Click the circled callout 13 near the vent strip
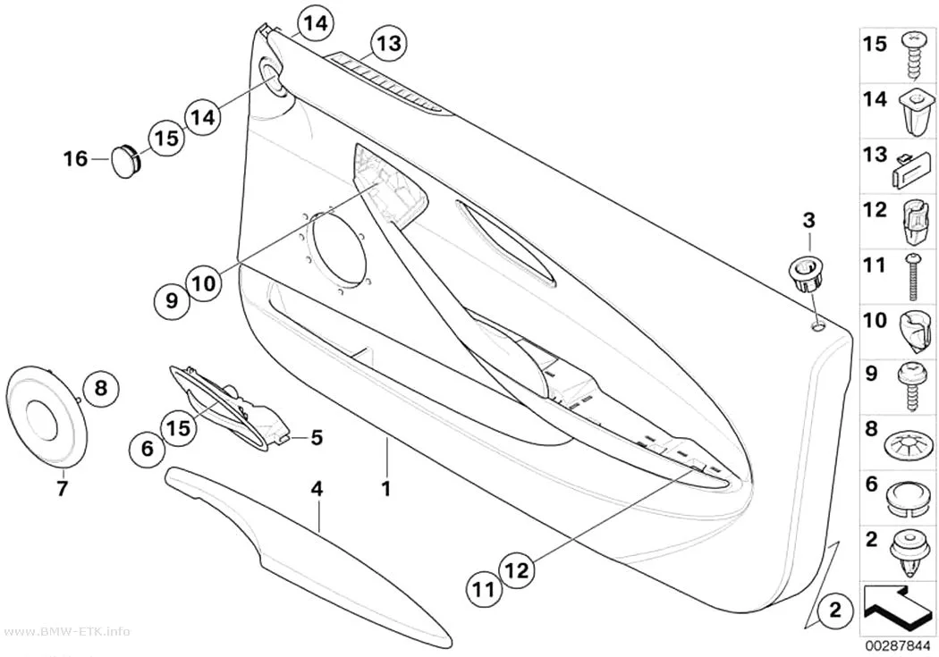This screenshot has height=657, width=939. click(x=388, y=44)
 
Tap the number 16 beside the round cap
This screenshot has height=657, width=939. click(x=75, y=159)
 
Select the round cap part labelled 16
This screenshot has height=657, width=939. click(x=126, y=159)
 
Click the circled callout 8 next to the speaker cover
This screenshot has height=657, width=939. click(x=100, y=388)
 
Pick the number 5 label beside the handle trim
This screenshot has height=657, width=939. click(x=317, y=437)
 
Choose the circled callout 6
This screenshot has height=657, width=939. click(x=148, y=448)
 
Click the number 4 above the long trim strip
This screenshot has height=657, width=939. click(x=317, y=489)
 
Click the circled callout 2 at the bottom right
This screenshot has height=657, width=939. click(x=834, y=611)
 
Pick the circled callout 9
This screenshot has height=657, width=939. click(x=172, y=299)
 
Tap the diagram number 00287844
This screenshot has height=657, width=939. click(x=896, y=646)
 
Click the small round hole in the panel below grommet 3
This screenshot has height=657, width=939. click(x=818, y=326)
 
